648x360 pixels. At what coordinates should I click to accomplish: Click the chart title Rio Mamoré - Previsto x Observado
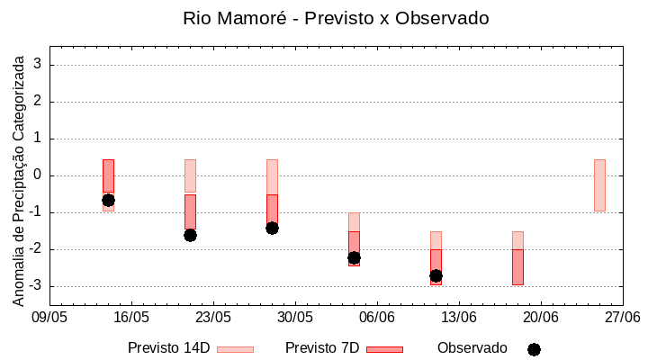[336, 18]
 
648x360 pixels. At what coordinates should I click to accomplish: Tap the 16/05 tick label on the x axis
[131, 317]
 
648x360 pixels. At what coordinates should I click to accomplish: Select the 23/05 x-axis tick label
[213, 317]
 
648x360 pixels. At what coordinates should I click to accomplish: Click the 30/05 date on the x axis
[294, 317]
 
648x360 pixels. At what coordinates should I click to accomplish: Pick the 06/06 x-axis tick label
[377, 317]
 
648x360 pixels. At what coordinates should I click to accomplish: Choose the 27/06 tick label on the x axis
[622, 317]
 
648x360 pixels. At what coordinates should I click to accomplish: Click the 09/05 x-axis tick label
[49, 317]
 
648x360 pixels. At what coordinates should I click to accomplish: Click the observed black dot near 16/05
[108, 200]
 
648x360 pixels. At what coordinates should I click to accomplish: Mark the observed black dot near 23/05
[190, 235]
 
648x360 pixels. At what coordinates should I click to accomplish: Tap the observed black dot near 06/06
[354, 257]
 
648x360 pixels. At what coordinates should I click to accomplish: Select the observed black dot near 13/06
[436, 275]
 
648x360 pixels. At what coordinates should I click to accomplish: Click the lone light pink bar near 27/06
[599, 184]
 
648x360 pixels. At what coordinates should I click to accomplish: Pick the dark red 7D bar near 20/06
[517, 267]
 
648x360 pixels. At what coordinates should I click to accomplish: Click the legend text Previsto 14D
[168, 348]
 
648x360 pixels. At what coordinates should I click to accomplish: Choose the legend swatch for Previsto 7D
[384, 349]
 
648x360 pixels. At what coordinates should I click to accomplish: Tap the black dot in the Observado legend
[534, 349]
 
